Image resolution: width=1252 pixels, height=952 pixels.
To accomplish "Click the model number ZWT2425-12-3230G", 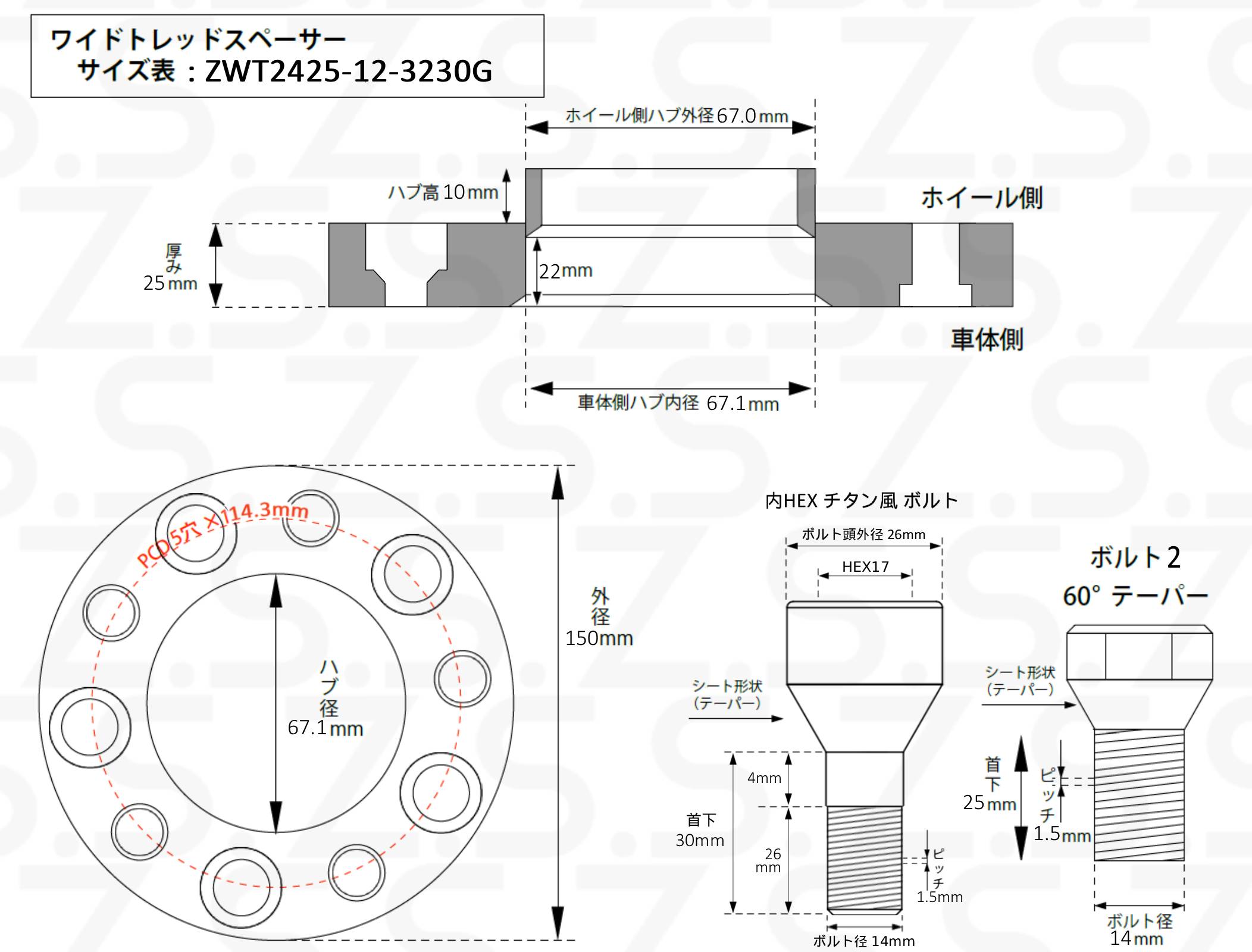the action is tap(349, 71).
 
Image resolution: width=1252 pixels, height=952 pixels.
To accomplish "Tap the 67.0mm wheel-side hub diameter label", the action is tap(752, 115).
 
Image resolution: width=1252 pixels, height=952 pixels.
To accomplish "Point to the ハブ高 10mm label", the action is tap(443, 192).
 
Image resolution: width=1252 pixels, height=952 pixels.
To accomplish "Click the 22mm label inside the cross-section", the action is tap(566, 271).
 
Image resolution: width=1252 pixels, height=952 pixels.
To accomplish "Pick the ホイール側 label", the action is tap(982, 198).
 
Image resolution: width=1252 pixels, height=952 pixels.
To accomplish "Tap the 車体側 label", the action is tap(987, 339).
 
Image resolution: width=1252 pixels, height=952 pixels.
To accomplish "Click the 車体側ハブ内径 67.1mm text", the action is tap(678, 403).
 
